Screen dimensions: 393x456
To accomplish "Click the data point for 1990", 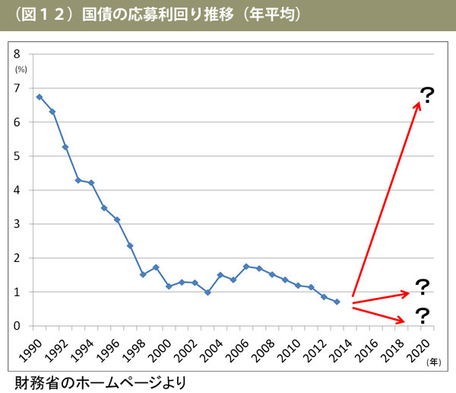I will (40, 97).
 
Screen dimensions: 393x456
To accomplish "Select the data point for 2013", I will (337, 302).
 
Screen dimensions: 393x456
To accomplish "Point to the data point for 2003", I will (207, 292).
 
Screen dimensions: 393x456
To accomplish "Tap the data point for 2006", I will (246, 267).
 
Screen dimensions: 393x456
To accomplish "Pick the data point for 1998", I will (143, 274).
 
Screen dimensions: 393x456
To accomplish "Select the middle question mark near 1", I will (422, 288).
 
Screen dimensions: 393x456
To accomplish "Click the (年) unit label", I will (433, 362).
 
